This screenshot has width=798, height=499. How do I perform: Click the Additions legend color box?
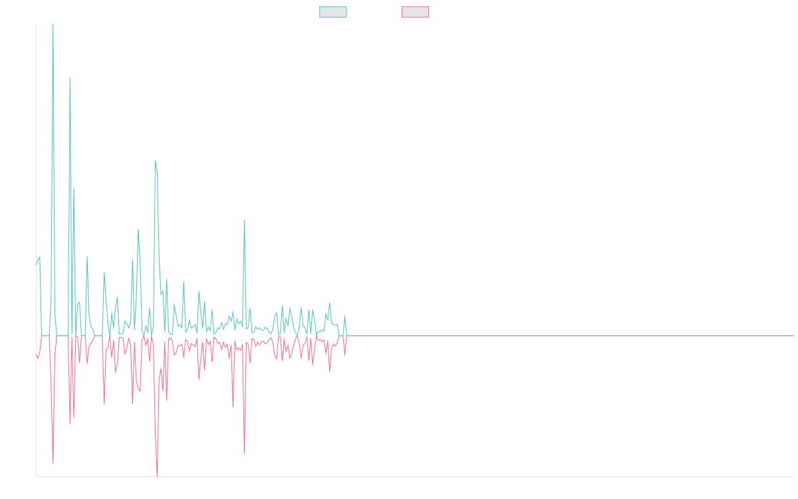[x=333, y=12]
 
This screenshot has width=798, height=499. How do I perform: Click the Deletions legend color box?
[x=416, y=12]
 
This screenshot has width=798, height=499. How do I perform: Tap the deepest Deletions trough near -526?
[x=157, y=475]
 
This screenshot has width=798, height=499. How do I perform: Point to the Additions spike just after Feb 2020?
[x=245, y=220]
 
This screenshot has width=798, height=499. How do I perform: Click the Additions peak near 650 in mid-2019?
[x=156, y=161]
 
